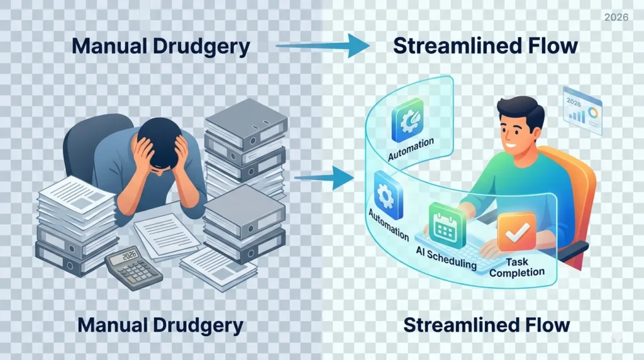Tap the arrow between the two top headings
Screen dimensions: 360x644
click(x=322, y=46)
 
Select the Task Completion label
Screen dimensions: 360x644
click(x=517, y=267)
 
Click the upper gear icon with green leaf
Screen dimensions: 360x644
click(x=409, y=122)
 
